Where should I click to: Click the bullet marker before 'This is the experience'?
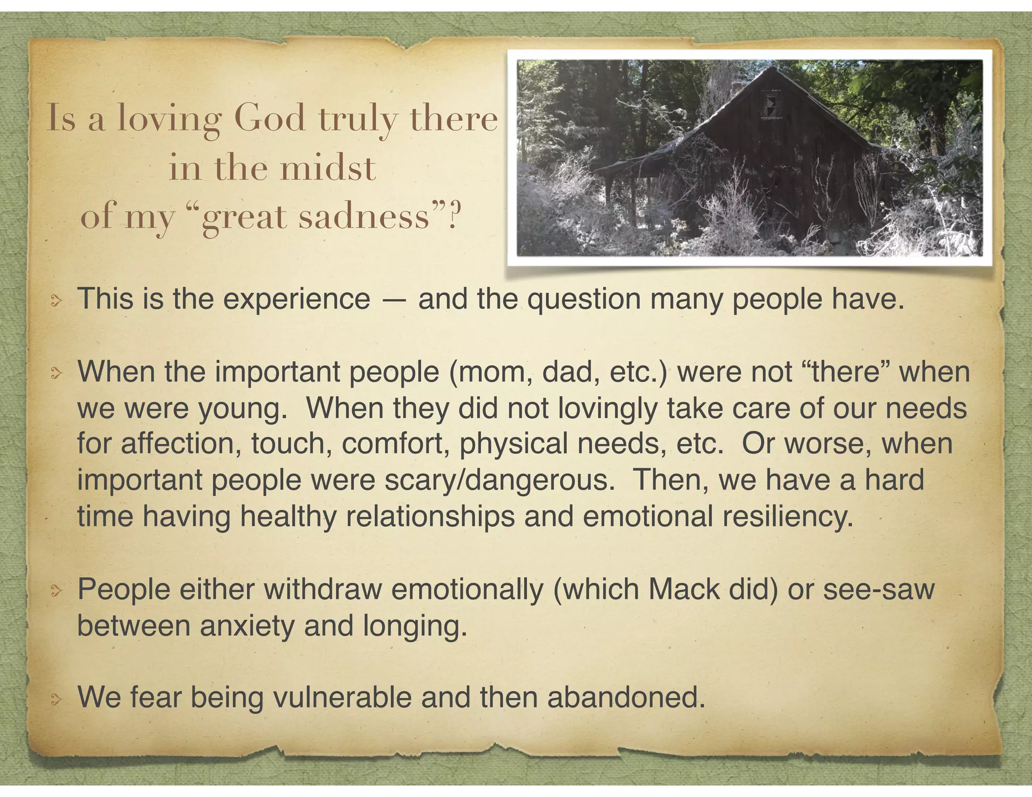click(56, 301)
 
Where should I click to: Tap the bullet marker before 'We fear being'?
click(56, 699)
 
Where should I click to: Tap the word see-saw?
click(879, 590)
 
